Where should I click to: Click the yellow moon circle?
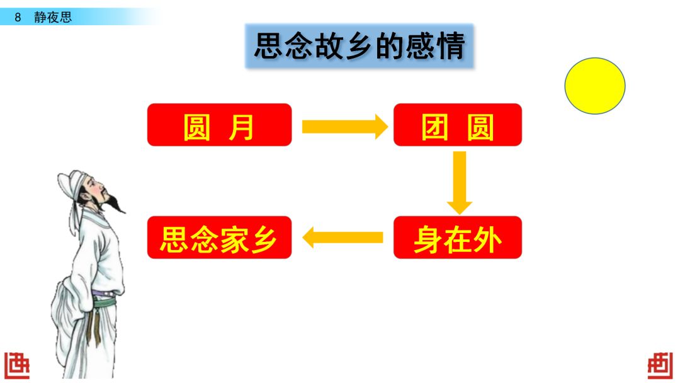coord(594,86)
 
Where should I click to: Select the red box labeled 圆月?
coord(219,125)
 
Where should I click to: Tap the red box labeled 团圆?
coord(458,125)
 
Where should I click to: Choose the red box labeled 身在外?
coord(458,237)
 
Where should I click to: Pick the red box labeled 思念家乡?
coord(219,237)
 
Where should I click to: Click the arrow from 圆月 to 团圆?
coord(343,127)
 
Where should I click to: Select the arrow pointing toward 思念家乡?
coord(343,237)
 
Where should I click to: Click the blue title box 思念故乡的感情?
coord(359,47)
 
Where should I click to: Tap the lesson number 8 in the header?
coord(18,18)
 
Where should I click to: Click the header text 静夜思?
coord(53,18)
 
